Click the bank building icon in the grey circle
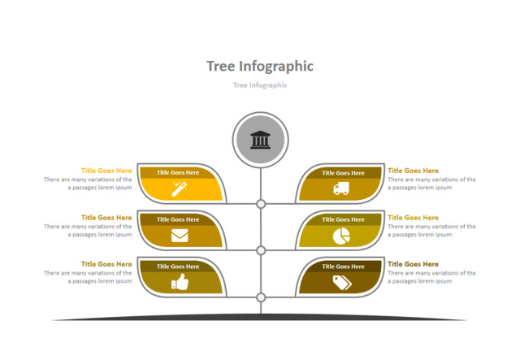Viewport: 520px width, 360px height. point(261,140)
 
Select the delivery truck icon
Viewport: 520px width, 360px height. point(341,189)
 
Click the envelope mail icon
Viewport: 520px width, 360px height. point(180,236)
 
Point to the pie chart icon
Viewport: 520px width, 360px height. point(341,236)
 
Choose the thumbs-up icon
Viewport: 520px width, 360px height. point(180,282)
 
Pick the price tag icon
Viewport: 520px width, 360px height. point(341,282)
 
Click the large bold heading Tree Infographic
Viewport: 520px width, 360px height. point(260,66)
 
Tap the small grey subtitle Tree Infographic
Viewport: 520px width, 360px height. point(260,85)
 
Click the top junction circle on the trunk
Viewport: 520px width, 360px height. point(261,204)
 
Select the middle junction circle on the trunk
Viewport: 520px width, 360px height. point(261,250)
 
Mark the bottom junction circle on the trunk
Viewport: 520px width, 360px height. point(261,297)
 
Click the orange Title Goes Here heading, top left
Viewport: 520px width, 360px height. point(106,171)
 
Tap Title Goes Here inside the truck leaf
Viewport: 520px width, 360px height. point(343,172)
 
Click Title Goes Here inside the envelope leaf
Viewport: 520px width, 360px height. point(178,219)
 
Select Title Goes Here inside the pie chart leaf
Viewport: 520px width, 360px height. point(343,219)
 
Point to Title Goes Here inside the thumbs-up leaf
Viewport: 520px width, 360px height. point(178,266)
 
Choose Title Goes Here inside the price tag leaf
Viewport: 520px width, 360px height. point(343,266)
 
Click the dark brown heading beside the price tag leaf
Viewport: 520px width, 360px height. point(413,264)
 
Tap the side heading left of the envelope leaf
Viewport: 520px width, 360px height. point(106,218)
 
